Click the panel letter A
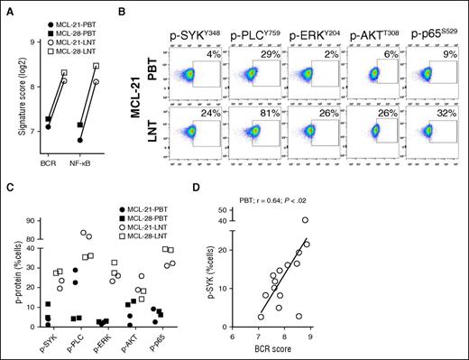click(x=8, y=6)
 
